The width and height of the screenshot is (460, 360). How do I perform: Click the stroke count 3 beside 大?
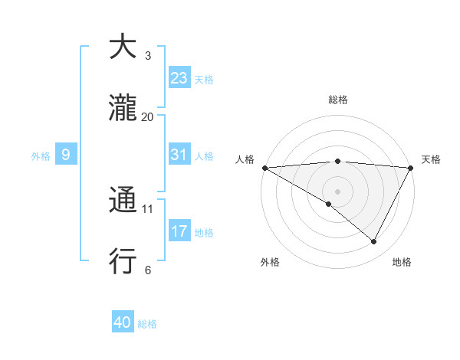coord(148,56)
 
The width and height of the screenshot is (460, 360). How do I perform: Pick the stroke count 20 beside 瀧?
coord(148,116)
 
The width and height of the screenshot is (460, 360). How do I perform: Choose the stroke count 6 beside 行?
coord(148,270)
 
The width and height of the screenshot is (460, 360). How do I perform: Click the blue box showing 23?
coord(179,78)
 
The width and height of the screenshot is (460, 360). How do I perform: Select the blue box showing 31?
coord(179,155)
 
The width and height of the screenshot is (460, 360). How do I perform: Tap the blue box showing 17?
coord(179,231)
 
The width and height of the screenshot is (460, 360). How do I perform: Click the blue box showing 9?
coord(66,155)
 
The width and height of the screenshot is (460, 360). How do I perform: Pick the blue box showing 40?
coord(123,323)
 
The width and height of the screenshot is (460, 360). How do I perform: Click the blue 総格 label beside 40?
coord(147,324)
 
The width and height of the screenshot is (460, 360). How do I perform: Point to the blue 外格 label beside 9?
coord(41,155)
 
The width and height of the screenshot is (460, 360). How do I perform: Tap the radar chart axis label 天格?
coord(431,159)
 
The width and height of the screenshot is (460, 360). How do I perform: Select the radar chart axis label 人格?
coord(245,159)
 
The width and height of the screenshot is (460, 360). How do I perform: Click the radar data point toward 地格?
coord(374,242)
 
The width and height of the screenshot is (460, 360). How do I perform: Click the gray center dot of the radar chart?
coord(337,191)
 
